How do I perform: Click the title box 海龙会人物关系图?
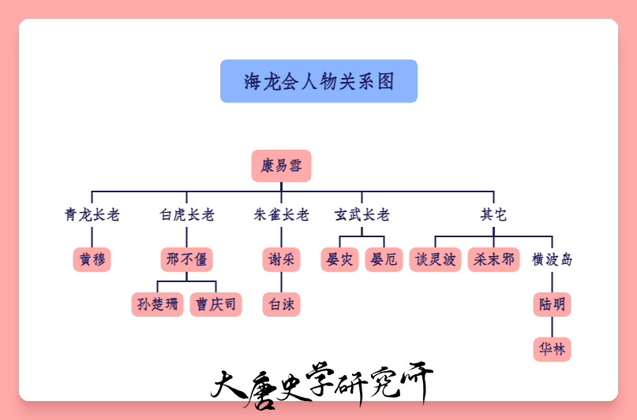319,81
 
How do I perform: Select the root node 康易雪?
282,165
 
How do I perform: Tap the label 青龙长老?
92,214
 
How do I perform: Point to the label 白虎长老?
187,214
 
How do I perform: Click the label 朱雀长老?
282,214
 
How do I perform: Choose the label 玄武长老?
362,214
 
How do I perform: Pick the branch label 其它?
493,214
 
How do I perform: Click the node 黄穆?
92,259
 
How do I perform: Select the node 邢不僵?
187,259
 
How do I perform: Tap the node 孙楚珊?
158,304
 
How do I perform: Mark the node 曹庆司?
216,304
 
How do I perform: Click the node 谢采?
282,259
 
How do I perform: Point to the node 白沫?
282,304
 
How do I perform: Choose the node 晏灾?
340,259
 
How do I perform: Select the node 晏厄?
384,259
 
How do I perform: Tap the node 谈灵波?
436,259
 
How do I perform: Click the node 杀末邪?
494,259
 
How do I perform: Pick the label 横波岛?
553,259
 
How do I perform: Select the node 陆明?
553,304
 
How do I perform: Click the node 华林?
553,349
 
